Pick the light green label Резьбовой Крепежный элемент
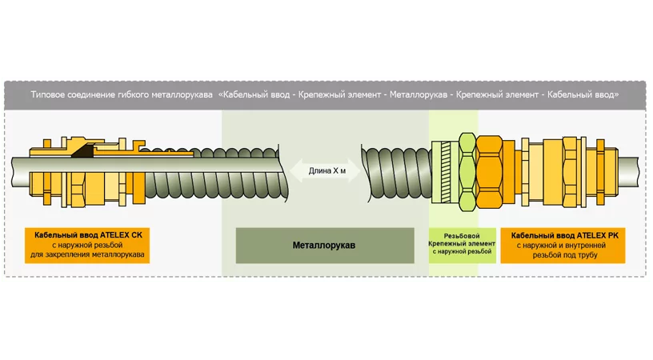[463, 242]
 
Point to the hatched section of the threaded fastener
[442, 170]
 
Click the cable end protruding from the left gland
[19, 169]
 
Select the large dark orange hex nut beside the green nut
[489, 169]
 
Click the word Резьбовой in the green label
[463, 234]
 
